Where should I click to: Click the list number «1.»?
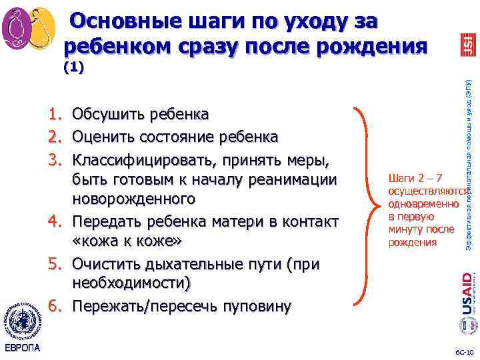(55, 114)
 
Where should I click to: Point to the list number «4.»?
(55, 221)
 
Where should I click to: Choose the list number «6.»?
(55, 307)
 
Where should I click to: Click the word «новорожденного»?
(134, 199)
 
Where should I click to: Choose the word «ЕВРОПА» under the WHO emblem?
(22, 348)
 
